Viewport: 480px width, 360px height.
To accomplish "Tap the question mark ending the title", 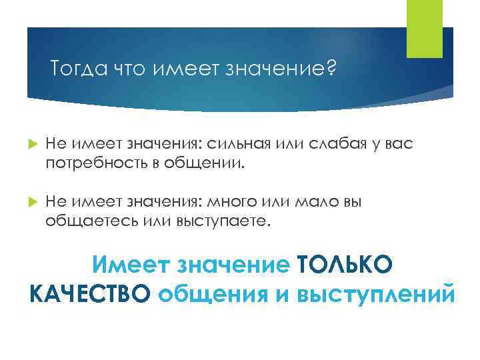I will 332,69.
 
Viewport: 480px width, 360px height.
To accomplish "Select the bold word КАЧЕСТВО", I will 90,293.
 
